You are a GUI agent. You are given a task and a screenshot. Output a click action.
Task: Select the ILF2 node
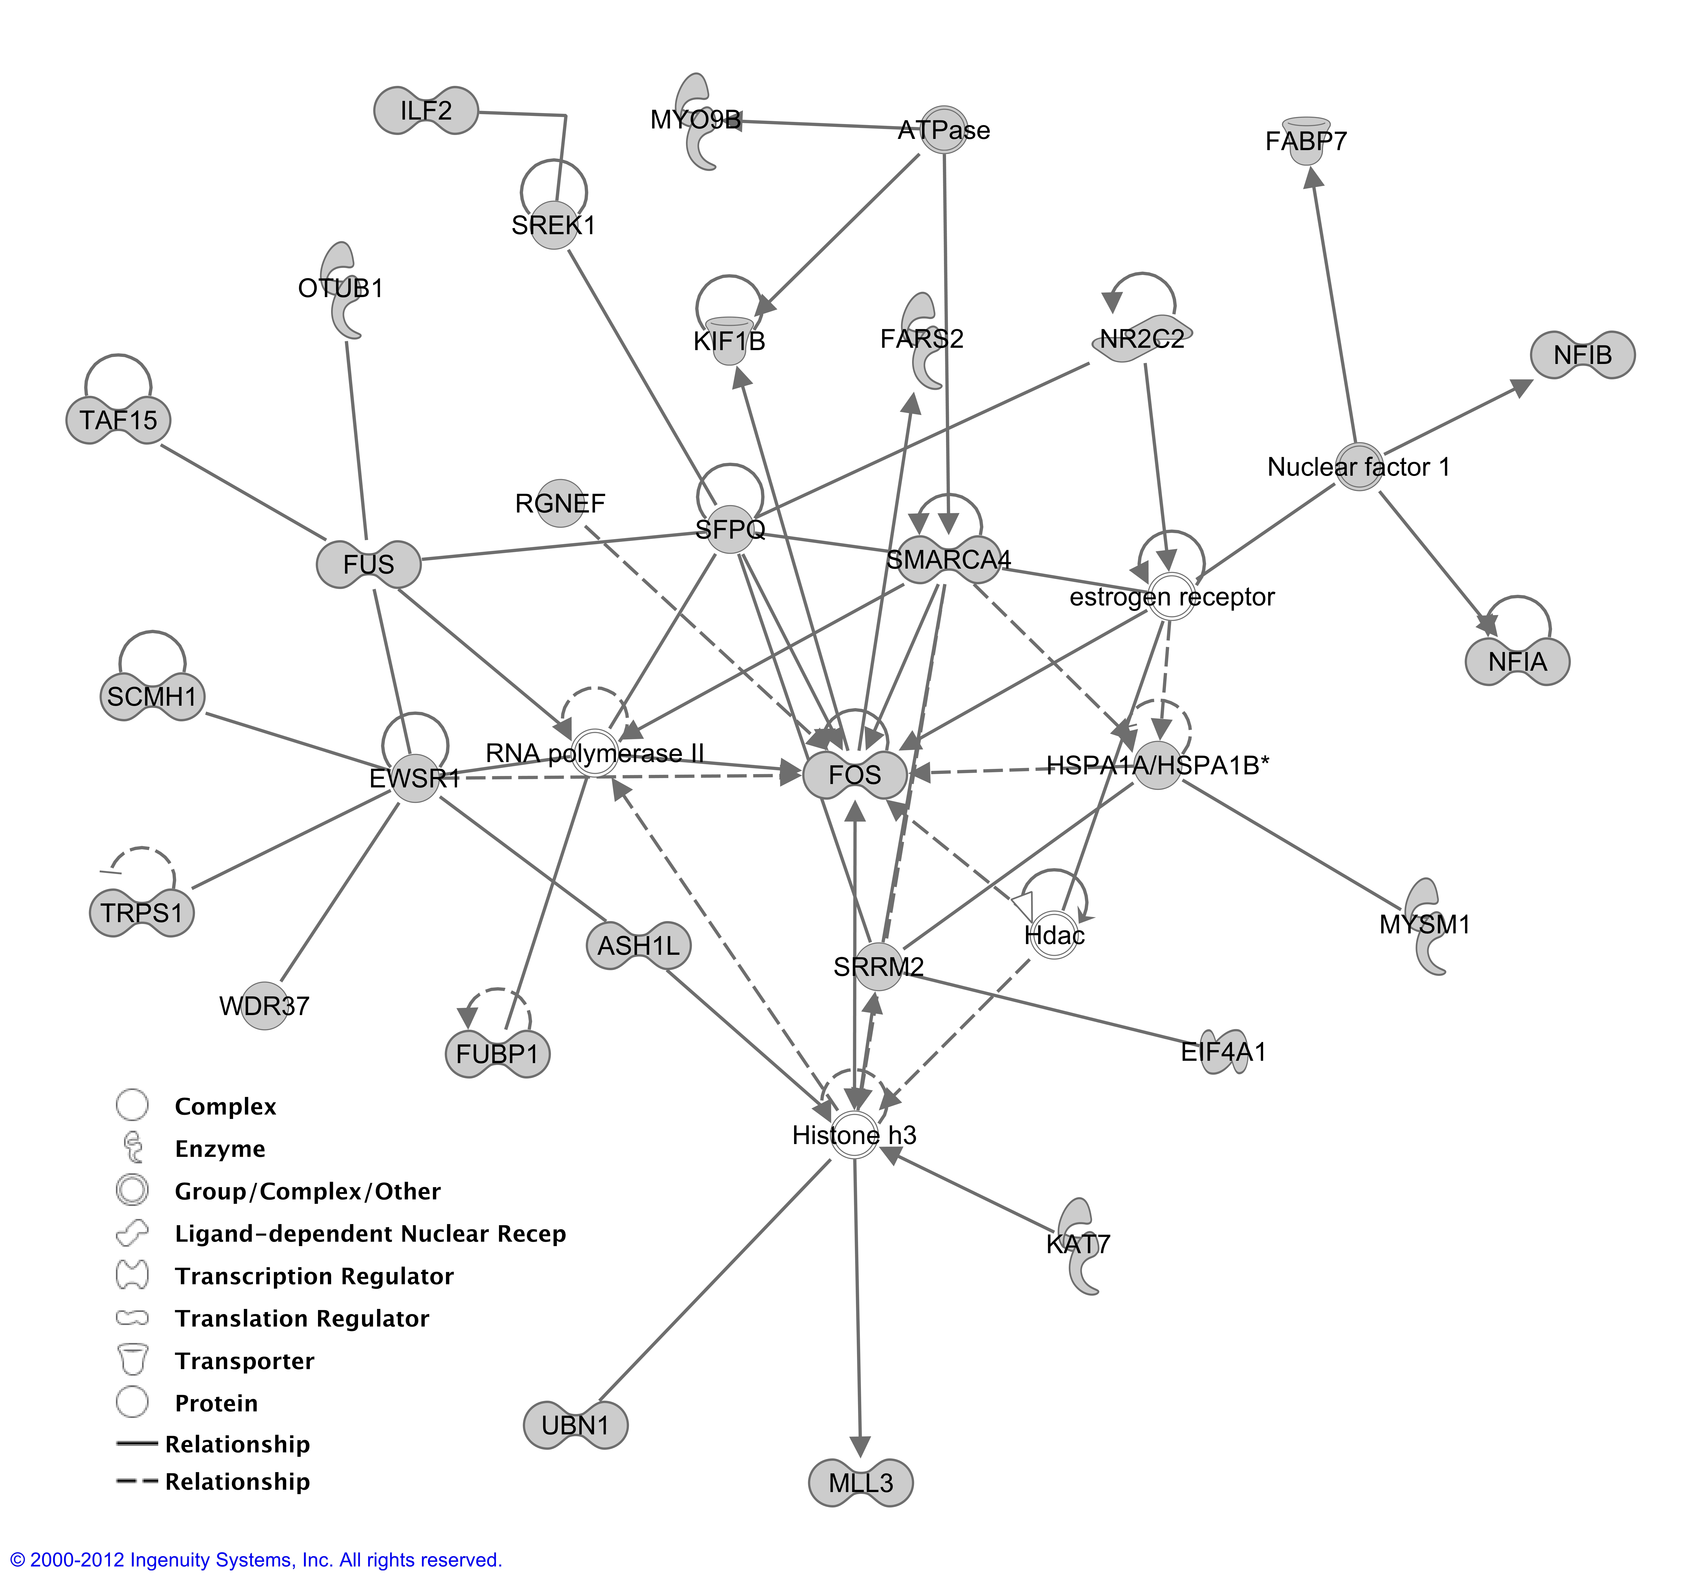pyautogui.click(x=426, y=111)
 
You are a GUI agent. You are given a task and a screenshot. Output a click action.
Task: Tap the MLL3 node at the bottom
pyautogui.click(x=861, y=1483)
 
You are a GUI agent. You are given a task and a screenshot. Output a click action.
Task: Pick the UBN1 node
pyautogui.click(x=576, y=1425)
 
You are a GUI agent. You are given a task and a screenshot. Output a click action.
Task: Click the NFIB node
pyautogui.click(x=1583, y=355)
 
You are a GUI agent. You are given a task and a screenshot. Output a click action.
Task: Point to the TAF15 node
pyautogui.click(x=118, y=420)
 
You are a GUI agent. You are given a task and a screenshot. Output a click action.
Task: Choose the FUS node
pyautogui.click(x=369, y=563)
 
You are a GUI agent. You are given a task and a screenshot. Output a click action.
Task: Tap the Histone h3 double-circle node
pyautogui.click(x=855, y=1135)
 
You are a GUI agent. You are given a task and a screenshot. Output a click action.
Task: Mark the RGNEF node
pyautogui.click(x=560, y=503)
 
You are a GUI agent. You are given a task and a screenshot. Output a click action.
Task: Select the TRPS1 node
pyautogui.click(x=141, y=912)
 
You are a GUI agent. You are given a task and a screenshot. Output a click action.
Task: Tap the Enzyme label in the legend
pyautogui.click(x=220, y=1149)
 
